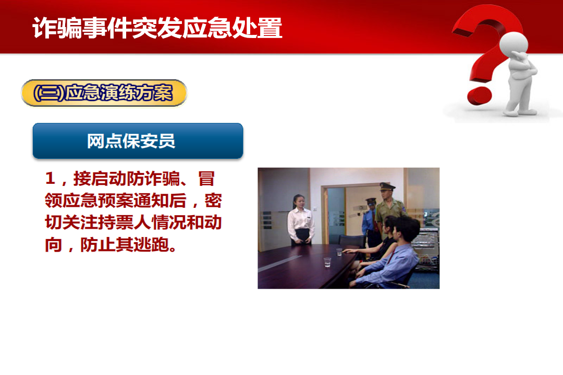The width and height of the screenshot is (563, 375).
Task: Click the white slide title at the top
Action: coord(157,28)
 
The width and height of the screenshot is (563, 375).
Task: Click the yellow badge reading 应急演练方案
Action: coord(104,93)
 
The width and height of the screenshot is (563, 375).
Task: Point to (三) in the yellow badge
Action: coord(48,93)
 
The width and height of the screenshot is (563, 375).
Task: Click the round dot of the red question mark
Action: coord(479,95)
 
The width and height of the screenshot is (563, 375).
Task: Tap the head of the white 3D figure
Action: coord(513,45)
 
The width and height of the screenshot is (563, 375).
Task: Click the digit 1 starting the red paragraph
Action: coord(50,179)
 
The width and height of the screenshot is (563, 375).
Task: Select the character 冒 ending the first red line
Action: coord(206,178)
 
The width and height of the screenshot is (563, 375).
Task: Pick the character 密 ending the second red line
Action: coord(213,200)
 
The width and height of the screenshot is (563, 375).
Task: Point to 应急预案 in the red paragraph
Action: coord(97,200)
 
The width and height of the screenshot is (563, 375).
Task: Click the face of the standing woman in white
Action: coord(299,203)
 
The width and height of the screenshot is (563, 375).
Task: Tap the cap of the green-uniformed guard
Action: coord(387,186)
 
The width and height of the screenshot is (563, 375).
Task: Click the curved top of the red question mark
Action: coord(488,18)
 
